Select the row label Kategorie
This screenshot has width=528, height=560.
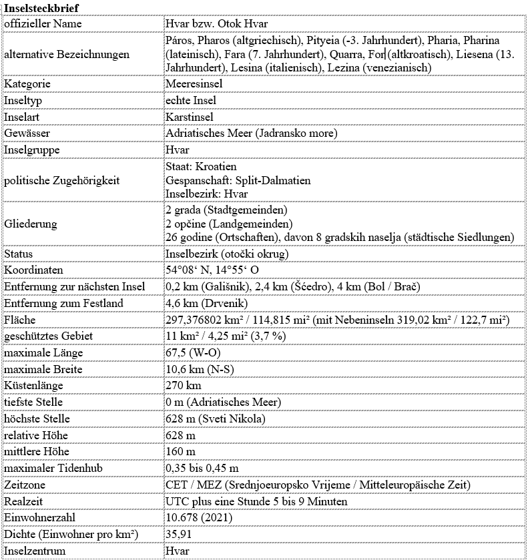(27, 84)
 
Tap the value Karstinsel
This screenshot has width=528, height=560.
(190, 117)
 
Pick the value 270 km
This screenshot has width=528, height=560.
(184, 385)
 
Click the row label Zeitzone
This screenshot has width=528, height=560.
(25, 484)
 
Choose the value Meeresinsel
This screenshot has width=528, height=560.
(194, 84)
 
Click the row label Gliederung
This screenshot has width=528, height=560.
(31, 224)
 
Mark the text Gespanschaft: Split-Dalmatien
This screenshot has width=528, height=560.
(238, 180)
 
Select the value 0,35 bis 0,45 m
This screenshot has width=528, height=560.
(202, 468)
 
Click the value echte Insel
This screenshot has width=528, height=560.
(190, 100)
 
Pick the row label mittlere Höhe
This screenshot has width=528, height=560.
(36, 451)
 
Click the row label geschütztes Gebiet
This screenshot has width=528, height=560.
(47, 336)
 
